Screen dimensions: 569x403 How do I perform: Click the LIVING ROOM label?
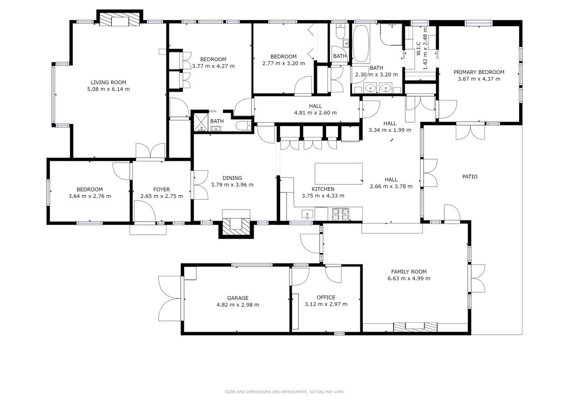(108, 83)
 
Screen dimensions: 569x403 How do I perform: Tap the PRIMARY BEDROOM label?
(478, 73)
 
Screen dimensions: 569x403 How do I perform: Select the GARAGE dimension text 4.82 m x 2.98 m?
(237, 305)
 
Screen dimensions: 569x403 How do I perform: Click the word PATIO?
(469, 177)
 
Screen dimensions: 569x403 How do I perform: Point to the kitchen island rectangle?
(339, 174)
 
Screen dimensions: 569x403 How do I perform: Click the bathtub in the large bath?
(361, 44)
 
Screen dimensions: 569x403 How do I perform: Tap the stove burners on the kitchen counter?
(341, 214)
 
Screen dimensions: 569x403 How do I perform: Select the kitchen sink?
(307, 214)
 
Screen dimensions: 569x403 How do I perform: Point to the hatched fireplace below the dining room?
(236, 226)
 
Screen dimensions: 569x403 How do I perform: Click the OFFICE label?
(326, 298)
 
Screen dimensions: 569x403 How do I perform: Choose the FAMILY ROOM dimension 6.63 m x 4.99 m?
(409, 279)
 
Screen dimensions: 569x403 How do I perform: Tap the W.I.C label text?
(418, 49)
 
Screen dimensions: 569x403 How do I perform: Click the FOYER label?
(161, 189)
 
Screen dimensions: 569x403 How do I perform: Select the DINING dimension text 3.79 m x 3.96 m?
(232, 185)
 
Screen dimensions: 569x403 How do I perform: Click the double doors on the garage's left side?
(171, 298)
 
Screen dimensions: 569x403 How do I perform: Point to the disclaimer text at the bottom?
(284, 392)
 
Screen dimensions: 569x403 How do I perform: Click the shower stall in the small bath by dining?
(200, 122)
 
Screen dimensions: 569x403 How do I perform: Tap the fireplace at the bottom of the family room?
(415, 327)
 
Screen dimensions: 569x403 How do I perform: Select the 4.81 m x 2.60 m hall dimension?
(315, 113)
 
